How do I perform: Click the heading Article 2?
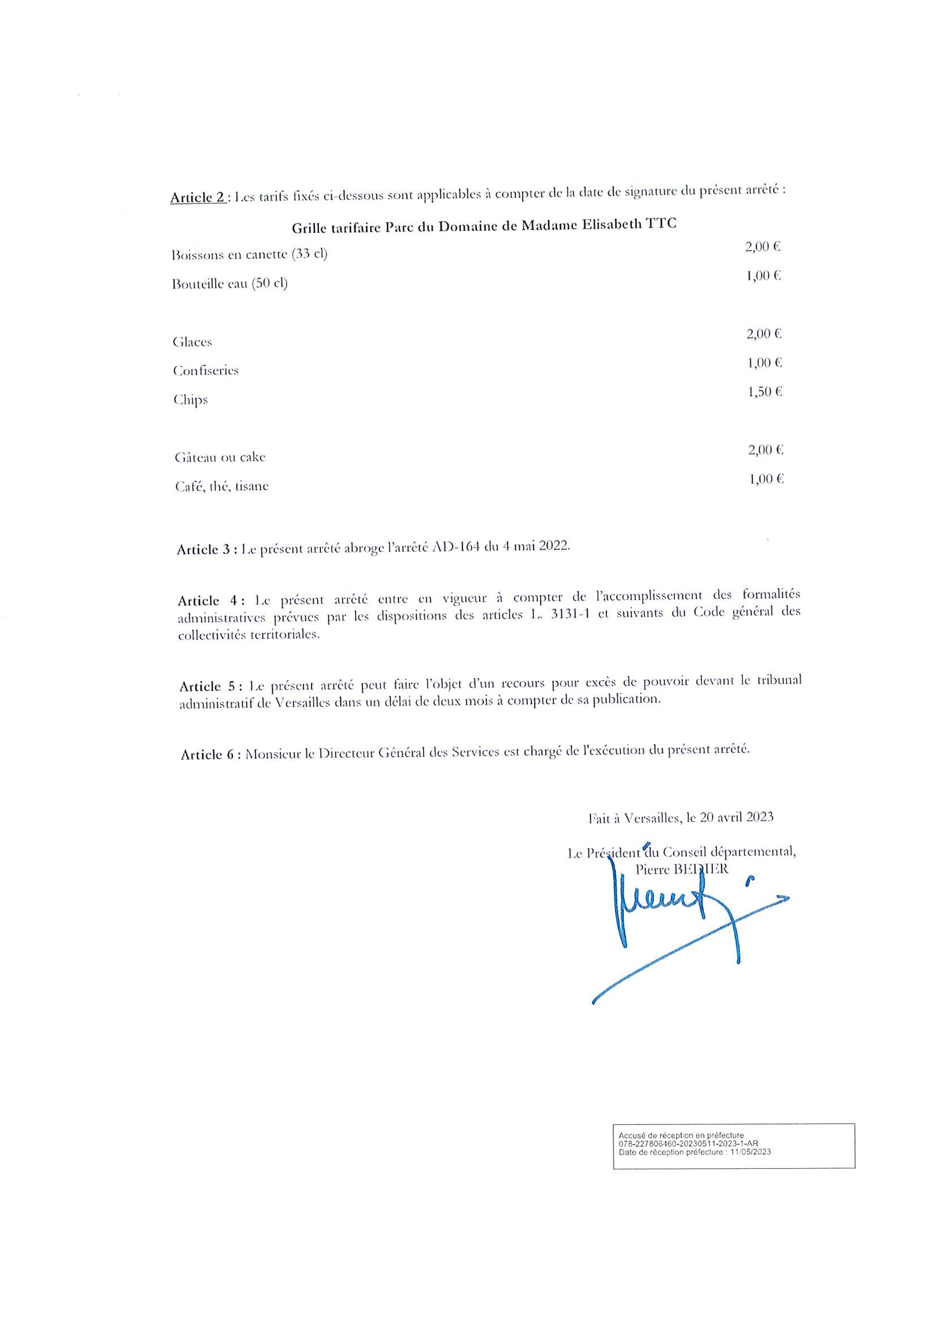click(x=197, y=197)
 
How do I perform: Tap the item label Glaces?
click(x=192, y=342)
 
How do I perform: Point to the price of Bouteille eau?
click(x=763, y=276)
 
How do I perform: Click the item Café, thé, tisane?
click(x=222, y=487)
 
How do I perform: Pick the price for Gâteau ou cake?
click(x=766, y=450)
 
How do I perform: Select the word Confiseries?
click(x=206, y=371)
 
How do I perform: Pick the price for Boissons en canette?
click(x=762, y=247)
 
